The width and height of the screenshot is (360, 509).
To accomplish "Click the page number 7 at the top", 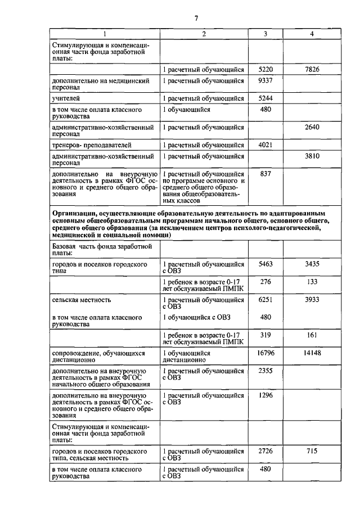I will coord(196,19).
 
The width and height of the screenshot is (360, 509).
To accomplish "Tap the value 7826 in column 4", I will coord(312,69).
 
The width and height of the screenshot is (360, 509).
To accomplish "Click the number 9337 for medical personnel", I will coord(265,81).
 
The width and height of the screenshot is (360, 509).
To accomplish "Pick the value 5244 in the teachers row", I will coord(265,98).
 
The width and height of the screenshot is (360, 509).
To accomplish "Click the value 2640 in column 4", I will coord(312,127).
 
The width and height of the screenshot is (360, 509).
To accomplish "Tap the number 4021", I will coord(265,145).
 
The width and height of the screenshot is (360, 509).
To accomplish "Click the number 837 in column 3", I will coord(265,174).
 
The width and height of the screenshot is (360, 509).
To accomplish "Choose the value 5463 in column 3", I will coord(265,263).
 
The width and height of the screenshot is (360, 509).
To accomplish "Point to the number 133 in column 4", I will coord(312,281).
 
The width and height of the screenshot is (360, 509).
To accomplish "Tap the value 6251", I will coord(265,300).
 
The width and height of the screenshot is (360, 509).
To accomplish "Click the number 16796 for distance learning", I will coord(265,353).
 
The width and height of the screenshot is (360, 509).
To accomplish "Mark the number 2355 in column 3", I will coord(265,371).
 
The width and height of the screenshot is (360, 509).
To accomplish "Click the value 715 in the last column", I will coord(312,452).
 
